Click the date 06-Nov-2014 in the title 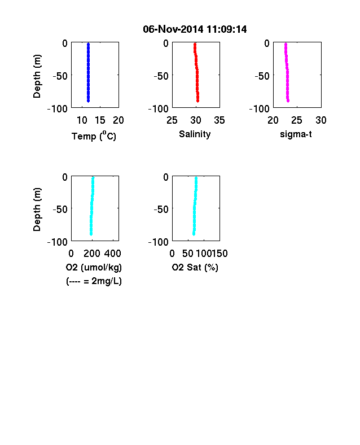coord(173,29)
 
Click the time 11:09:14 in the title coord(226,29)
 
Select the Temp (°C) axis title coord(94,136)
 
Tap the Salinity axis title coord(195,134)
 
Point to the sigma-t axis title coord(296,134)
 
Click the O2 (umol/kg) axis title coord(94,267)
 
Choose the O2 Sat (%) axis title coord(195,267)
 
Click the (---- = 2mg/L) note coord(94,281)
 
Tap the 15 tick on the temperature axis coord(100,120)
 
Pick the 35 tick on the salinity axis coord(219,120)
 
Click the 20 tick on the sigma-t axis coord(273,120)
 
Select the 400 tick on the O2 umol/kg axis coord(112,254)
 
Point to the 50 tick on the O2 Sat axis coord(188,254)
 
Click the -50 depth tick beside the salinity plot coord(161,76)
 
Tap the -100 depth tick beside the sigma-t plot coord(260,108)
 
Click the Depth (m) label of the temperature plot coord(37,76)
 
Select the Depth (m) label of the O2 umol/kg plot coord(37,210)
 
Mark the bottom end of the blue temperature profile coord(88,101)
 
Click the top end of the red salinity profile coord(195,44)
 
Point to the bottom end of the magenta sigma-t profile coord(288,101)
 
